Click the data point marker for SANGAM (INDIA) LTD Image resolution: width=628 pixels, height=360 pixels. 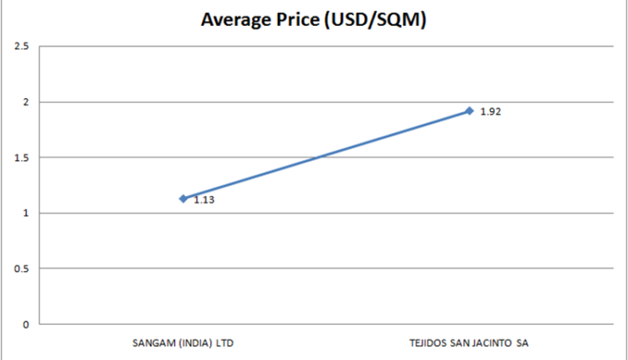pos(183,198)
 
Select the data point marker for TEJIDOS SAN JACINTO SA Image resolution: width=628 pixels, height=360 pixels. pos(470,111)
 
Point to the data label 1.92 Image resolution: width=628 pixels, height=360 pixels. pos(491,111)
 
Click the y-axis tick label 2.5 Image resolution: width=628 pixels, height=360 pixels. pos(23,46)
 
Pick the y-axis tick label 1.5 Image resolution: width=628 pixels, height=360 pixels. pos(23,157)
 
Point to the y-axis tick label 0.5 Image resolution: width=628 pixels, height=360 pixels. pos(23,269)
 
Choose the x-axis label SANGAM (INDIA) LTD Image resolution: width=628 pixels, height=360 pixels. pos(183,342)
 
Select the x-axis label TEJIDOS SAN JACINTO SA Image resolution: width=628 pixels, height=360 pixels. pos(469,342)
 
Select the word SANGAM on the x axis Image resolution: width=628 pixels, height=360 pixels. pos(150,342)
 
